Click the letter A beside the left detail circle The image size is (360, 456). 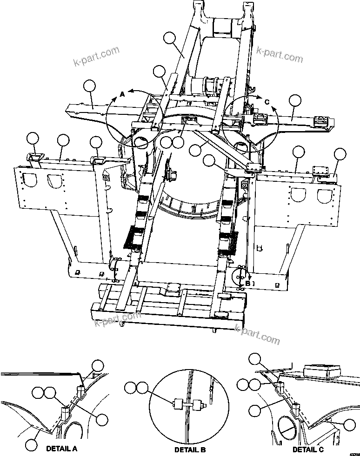point(122,94)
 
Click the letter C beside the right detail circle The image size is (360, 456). point(267,101)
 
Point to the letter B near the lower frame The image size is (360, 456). point(248,283)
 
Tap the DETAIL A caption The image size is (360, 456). point(61,449)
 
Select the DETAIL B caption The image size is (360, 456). point(190,450)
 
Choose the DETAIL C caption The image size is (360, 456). point(308,449)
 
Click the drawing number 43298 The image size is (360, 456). point(353,454)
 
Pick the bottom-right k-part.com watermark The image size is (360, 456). point(257,334)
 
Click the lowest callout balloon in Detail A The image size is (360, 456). point(31,444)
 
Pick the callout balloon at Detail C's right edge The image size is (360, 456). point(348,424)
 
